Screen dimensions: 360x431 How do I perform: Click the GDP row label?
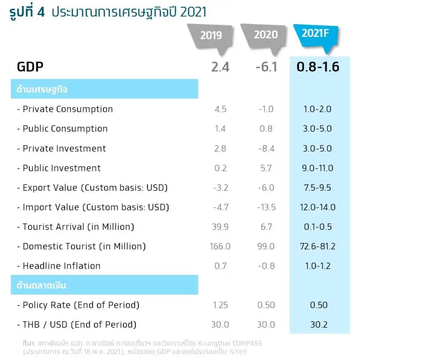point(30,67)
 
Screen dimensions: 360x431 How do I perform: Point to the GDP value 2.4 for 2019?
point(220,67)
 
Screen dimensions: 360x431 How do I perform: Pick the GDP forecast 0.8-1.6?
point(318,67)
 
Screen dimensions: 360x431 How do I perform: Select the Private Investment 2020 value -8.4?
point(265,149)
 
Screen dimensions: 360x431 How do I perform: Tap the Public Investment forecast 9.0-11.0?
point(317,168)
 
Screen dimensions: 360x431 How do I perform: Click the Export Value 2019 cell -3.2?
point(220,188)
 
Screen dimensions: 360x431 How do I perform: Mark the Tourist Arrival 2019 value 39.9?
point(220,227)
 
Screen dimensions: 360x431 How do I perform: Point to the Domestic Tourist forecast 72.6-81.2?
point(318,246)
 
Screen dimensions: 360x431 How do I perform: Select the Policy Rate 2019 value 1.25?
point(220,305)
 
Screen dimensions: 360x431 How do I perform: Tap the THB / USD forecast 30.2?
point(319,324)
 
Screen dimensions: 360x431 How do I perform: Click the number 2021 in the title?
point(193,12)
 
